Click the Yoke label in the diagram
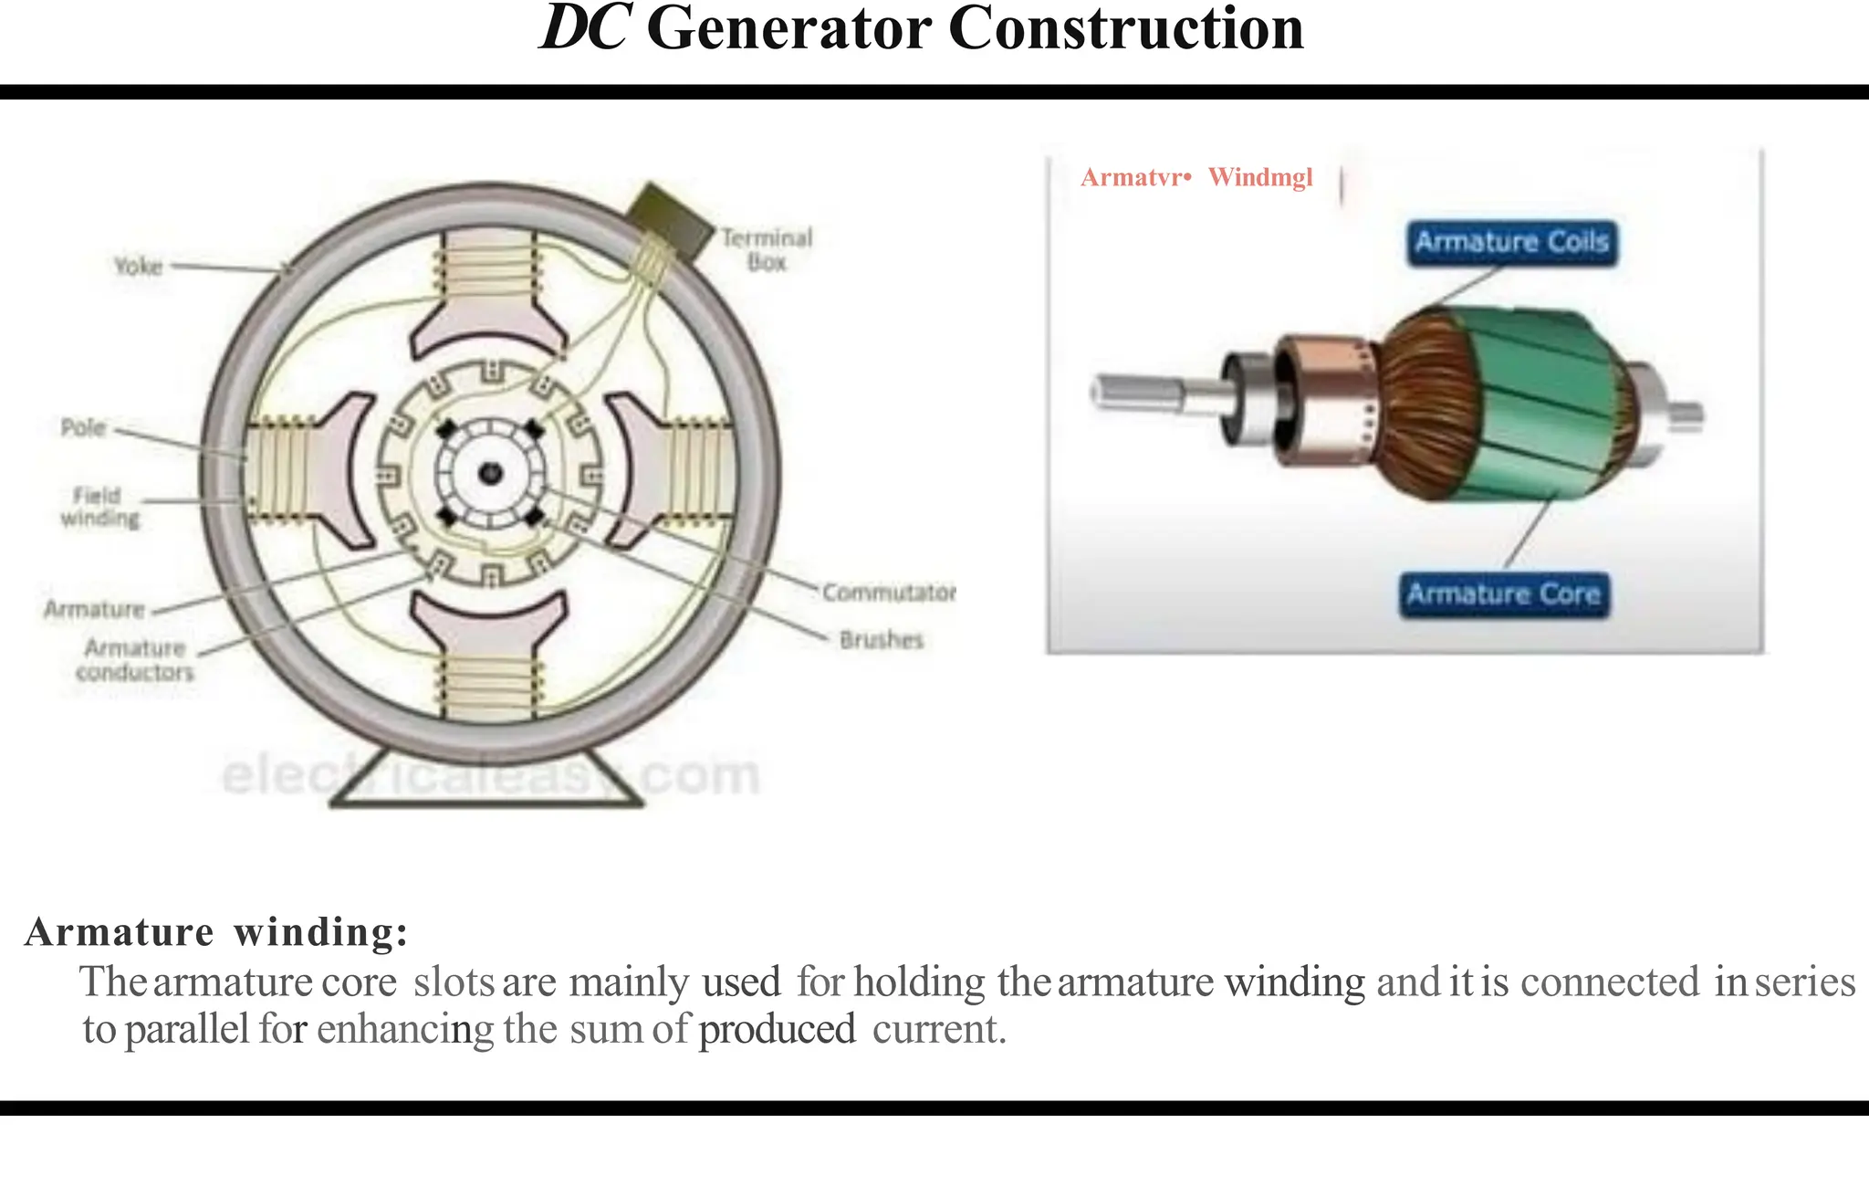coord(138,266)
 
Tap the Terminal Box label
coord(767,249)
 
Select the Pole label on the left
coord(83,427)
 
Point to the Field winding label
coord(99,507)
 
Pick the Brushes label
coord(882,639)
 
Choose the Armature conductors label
coord(135,660)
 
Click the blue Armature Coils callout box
coord(1511,243)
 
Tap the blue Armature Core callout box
coord(1504,595)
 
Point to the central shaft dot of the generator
coord(491,473)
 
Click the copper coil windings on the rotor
coord(1428,402)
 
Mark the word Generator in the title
coord(790,29)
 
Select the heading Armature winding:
coord(216,932)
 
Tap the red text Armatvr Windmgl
coord(1196,177)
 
